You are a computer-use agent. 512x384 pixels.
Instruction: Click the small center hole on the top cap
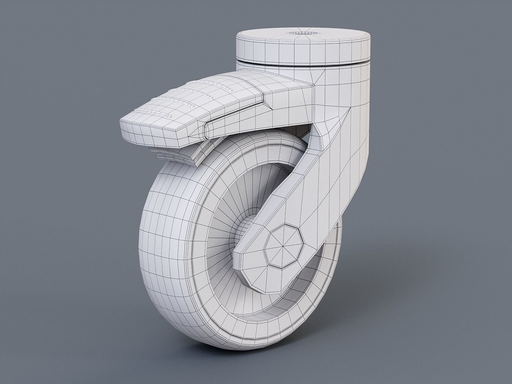(302, 33)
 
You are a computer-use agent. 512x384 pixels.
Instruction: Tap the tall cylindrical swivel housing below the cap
(346, 128)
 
